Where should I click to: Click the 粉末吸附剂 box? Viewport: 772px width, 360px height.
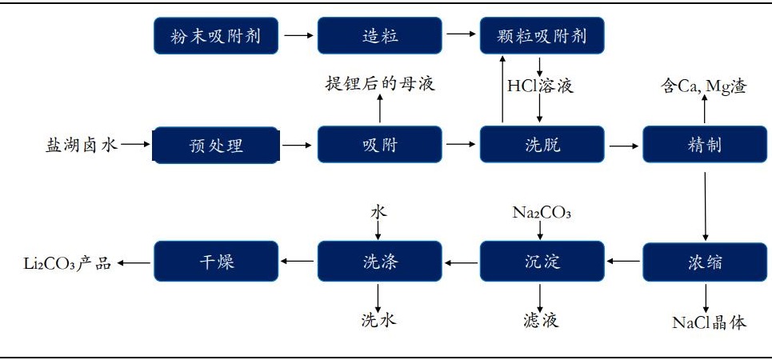(x=215, y=36)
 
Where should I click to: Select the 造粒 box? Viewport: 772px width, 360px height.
(x=379, y=36)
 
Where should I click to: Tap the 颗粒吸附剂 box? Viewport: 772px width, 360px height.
(x=542, y=36)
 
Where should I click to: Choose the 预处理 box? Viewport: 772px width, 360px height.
(x=215, y=145)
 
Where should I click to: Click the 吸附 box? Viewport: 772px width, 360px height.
(x=379, y=145)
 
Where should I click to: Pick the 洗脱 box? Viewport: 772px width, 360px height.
(x=542, y=145)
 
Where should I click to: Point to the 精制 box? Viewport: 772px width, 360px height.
(x=705, y=145)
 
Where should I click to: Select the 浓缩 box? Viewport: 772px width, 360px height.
(x=705, y=262)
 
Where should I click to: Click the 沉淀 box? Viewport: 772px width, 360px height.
(x=542, y=262)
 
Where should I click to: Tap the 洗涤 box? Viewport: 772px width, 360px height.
(x=379, y=262)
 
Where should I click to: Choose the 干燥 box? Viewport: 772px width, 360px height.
(x=215, y=262)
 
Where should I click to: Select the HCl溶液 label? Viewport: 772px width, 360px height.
(x=541, y=85)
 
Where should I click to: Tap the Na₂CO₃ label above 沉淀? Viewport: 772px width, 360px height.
(x=542, y=213)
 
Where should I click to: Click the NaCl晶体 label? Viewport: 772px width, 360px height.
(x=709, y=322)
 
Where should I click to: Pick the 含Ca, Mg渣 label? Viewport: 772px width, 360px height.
(x=703, y=86)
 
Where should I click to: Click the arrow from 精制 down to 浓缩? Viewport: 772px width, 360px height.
(x=705, y=203)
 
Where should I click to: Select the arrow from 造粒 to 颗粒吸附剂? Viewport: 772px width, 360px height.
(x=460, y=36)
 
